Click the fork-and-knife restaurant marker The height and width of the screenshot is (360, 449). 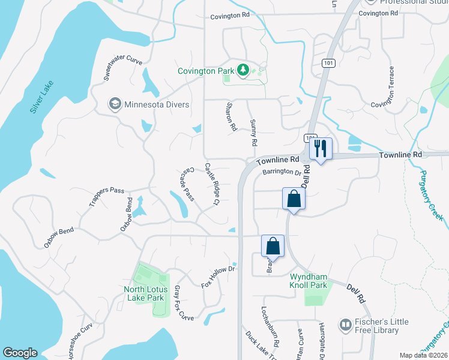click(321, 148)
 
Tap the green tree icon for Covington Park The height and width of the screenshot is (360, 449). click(243, 71)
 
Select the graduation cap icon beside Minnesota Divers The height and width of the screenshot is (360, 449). click(114, 104)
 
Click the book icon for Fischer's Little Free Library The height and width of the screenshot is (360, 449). click(345, 326)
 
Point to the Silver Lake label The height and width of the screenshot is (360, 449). click(41, 97)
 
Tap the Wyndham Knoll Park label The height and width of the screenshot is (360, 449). click(309, 281)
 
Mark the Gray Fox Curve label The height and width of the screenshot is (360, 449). click(184, 303)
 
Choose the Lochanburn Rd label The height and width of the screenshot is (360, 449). click(270, 328)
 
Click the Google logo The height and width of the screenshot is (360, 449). click(20, 353)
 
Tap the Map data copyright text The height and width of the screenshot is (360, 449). click(424, 355)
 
